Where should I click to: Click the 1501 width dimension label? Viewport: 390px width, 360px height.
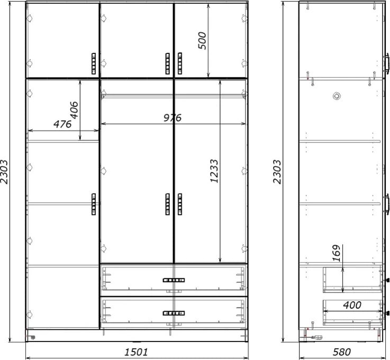tap(136, 352)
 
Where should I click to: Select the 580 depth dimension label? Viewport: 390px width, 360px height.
tap(342, 352)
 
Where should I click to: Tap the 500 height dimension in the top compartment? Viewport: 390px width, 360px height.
tap(202, 41)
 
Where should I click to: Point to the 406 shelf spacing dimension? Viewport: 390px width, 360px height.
tap(74, 110)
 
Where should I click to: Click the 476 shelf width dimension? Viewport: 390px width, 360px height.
tap(62, 124)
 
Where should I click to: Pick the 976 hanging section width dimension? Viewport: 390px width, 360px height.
tap(173, 118)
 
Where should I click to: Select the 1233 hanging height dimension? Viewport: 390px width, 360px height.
tap(214, 171)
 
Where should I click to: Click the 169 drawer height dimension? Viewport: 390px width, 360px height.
tap(336, 253)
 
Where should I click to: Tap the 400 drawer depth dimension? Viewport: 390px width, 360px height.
tap(352, 305)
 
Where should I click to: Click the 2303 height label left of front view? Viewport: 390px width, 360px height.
tap(4, 172)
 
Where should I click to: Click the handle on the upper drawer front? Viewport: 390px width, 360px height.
tap(174, 280)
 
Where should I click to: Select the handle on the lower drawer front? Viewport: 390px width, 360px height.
tap(174, 313)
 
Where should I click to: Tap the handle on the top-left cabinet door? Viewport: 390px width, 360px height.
tap(94, 64)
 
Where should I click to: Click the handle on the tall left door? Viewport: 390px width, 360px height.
tap(94, 204)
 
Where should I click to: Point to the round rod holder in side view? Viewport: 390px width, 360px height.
tap(337, 96)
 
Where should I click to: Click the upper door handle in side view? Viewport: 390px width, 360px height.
tap(386, 63)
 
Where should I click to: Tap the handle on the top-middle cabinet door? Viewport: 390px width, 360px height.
tap(168, 64)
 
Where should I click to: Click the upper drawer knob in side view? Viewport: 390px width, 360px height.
tap(387, 280)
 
